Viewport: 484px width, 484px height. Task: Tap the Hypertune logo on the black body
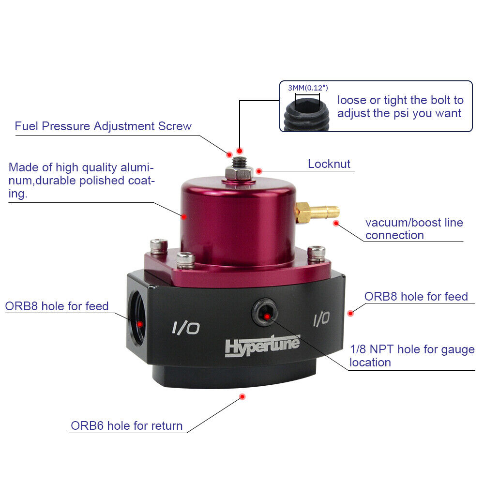pyautogui.click(x=262, y=346)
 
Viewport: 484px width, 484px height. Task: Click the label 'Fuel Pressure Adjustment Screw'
pyautogui.click(x=103, y=126)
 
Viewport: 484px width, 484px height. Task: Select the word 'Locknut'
pyautogui.click(x=329, y=164)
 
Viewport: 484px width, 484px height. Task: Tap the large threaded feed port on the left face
pyautogui.click(x=137, y=323)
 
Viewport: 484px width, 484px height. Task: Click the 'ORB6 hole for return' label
pyautogui.click(x=127, y=426)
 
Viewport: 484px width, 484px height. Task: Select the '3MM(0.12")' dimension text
pyautogui.click(x=308, y=88)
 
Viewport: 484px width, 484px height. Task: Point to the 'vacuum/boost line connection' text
pyautogui.click(x=414, y=229)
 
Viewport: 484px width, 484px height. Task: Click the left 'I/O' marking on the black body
pyautogui.click(x=185, y=329)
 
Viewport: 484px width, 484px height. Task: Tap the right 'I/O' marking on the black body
pyautogui.click(x=321, y=318)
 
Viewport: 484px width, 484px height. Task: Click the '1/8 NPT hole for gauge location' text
pyautogui.click(x=412, y=356)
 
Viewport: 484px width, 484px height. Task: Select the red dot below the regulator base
pyautogui.click(x=242, y=397)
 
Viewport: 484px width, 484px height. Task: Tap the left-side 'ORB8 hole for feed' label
pyautogui.click(x=57, y=306)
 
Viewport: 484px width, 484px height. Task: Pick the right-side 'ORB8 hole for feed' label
pyautogui.click(x=416, y=296)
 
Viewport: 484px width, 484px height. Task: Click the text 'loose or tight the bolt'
pyautogui.click(x=400, y=100)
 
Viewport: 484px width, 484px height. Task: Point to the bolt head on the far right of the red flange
pyautogui.click(x=317, y=252)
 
